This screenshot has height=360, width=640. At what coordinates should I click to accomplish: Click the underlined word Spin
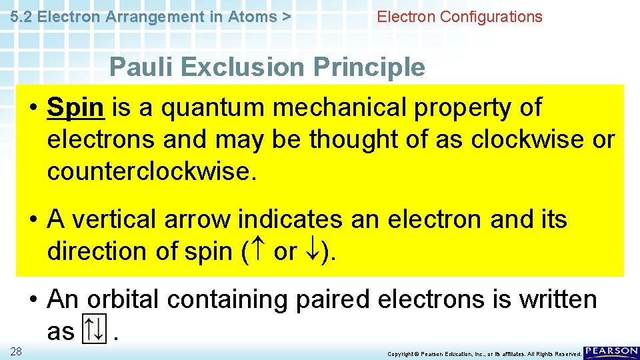(x=75, y=108)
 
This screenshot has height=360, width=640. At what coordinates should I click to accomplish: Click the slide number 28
(x=17, y=351)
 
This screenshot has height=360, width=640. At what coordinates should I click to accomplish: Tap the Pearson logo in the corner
(x=611, y=352)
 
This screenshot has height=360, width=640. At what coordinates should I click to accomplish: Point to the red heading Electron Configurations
(x=459, y=17)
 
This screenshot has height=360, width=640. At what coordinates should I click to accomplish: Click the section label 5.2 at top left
(x=23, y=17)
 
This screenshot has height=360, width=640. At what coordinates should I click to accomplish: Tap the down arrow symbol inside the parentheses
(x=311, y=252)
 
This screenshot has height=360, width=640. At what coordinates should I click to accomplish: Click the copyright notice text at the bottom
(x=484, y=354)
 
